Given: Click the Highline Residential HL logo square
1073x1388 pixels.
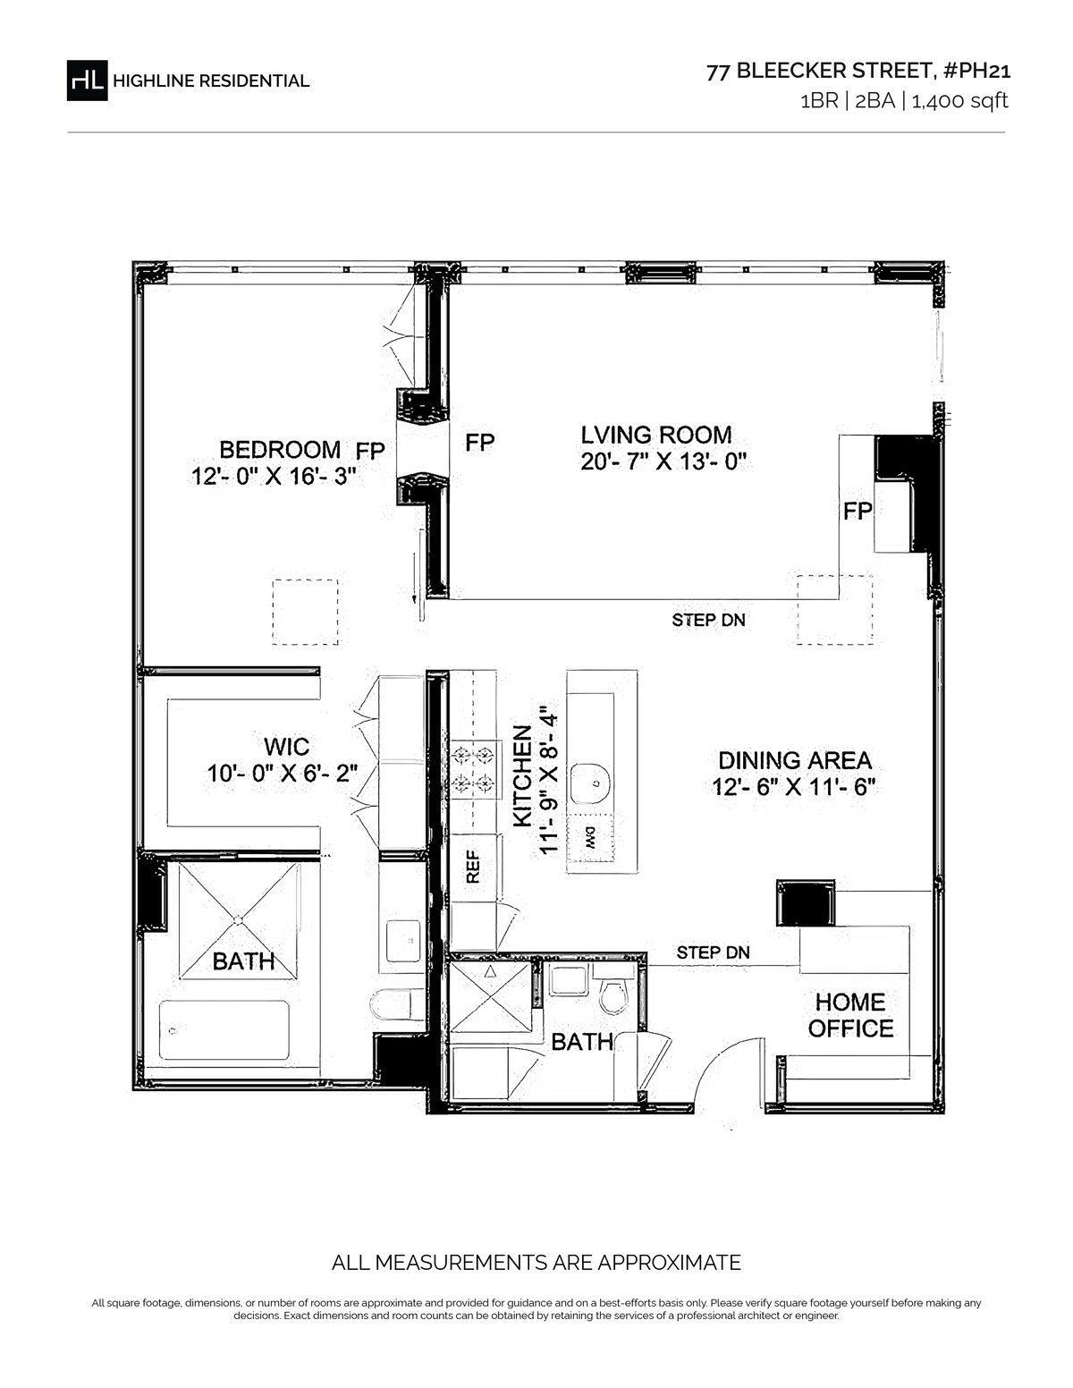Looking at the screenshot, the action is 87,80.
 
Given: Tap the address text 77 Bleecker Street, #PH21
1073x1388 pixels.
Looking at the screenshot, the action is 858,71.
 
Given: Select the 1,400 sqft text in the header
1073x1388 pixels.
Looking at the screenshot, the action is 959,101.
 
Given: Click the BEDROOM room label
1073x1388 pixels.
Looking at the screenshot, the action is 280,450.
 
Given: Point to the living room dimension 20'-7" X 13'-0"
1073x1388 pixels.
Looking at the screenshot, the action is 663,461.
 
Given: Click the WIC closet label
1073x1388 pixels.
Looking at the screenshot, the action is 287,746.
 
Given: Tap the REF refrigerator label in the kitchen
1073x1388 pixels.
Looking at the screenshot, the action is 473,867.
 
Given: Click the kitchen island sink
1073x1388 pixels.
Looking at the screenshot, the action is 590,783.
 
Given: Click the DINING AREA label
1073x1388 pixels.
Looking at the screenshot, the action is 795,761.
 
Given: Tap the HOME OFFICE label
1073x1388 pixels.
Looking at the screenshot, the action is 850,1016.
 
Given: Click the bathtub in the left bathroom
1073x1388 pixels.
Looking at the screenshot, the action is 224,1029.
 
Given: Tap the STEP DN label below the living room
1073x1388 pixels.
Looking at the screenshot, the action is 708,620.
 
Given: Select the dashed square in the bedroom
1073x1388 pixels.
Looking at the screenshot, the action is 305,612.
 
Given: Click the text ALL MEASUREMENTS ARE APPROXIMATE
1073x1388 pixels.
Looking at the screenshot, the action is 536,1263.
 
